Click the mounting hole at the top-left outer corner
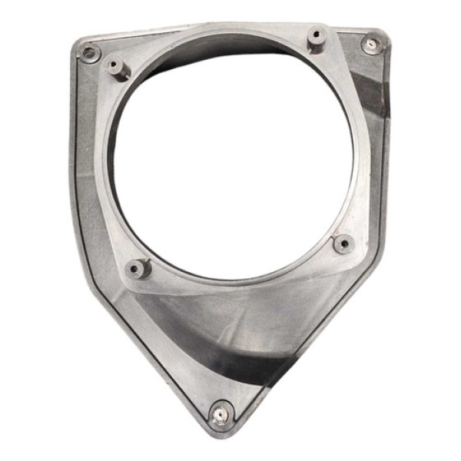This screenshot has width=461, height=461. [91, 53]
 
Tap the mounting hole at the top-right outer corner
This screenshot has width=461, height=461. [371, 44]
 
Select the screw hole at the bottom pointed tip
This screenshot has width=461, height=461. [221, 415]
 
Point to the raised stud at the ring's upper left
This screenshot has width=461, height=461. [118, 67]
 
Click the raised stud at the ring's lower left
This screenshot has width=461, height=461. [138, 268]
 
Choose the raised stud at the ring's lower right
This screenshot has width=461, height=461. [343, 244]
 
